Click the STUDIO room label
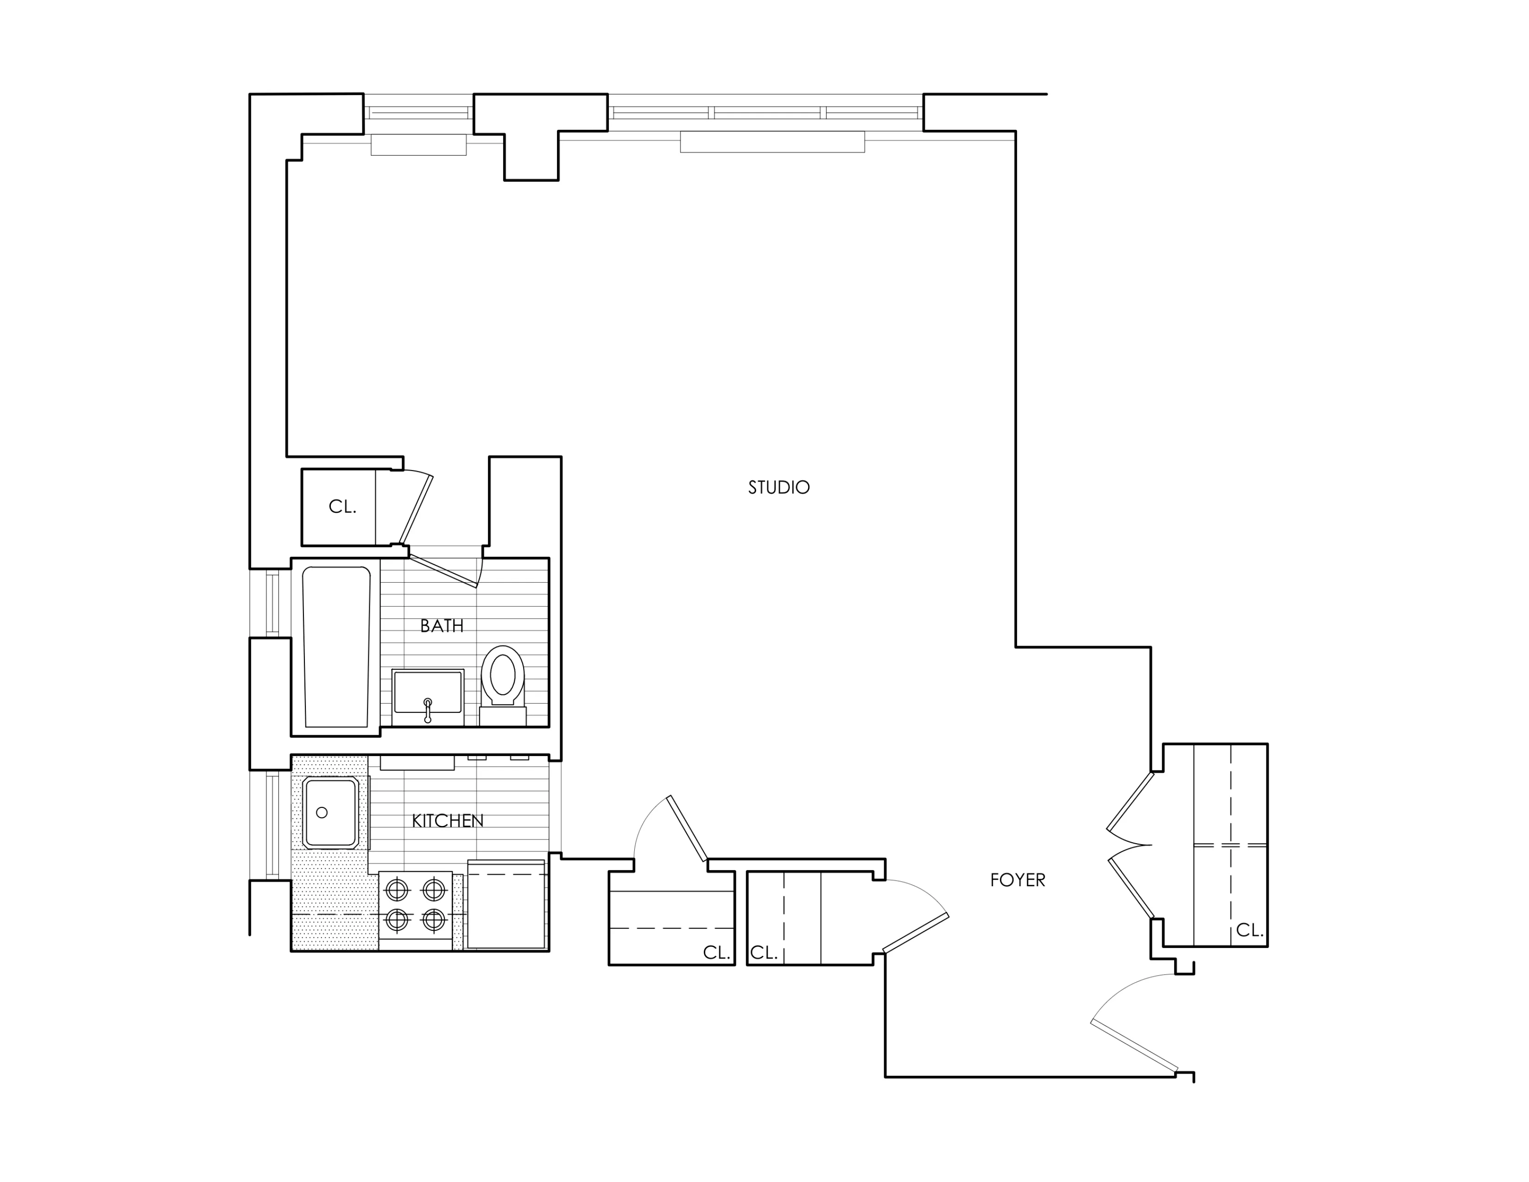[778, 487]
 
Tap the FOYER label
[1017, 880]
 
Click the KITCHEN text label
[448, 820]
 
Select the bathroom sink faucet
[428, 709]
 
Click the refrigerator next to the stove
[505, 905]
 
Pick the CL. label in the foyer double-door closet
[1249, 931]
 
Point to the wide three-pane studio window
[765, 112]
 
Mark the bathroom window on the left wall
[272, 604]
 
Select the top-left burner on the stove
[397, 890]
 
